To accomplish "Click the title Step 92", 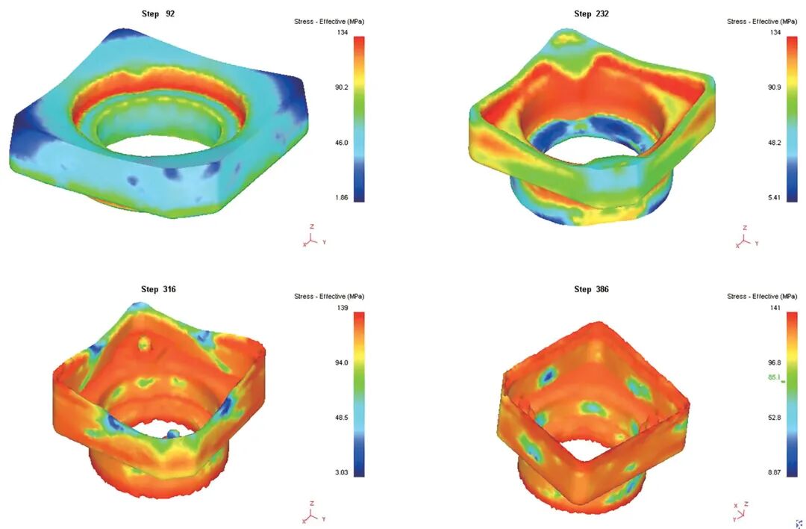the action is (157, 14).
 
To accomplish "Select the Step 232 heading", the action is (591, 14).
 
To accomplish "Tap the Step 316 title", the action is (158, 289).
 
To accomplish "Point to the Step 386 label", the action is (591, 289).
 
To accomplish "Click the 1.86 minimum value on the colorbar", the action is (341, 197).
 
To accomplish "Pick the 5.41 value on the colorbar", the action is (774, 197).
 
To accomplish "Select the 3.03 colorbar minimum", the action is (341, 472).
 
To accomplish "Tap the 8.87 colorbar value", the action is (774, 472).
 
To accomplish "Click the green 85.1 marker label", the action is (774, 378).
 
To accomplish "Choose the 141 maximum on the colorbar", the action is (775, 308).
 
